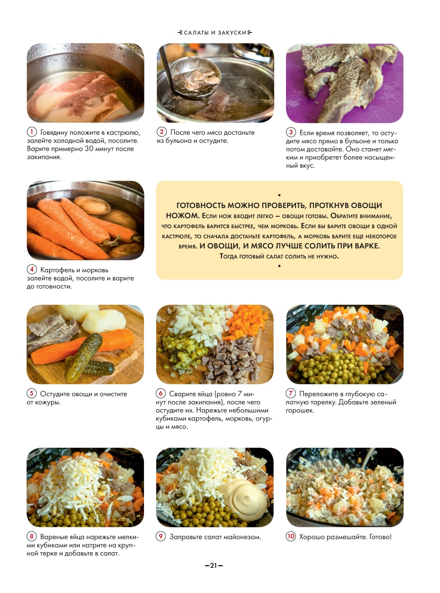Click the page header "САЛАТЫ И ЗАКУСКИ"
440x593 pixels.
pos(215,33)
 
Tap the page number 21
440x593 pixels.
pos(214,566)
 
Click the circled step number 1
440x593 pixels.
pos(32,132)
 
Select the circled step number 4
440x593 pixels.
pos(32,269)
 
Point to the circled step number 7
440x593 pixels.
pos(291,393)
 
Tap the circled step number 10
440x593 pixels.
pos(291,536)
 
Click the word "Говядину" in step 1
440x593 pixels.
pos(54,132)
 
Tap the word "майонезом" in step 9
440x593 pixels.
pos(242,537)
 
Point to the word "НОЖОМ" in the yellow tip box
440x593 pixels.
pos(183,216)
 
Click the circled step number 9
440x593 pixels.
pos(161,536)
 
